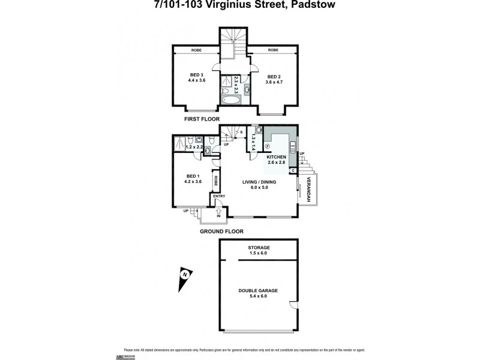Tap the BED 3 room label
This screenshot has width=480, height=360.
pos(196,74)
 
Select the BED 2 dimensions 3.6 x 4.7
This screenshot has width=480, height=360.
pos(274,82)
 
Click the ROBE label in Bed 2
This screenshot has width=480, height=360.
pos(273,50)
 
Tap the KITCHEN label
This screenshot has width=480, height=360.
pos(277,157)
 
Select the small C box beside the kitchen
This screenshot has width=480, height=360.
pos(293,170)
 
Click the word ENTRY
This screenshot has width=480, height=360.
pos(219,196)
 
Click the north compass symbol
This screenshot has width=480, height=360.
pos(185,277)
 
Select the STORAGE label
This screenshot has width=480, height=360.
pos(259,247)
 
